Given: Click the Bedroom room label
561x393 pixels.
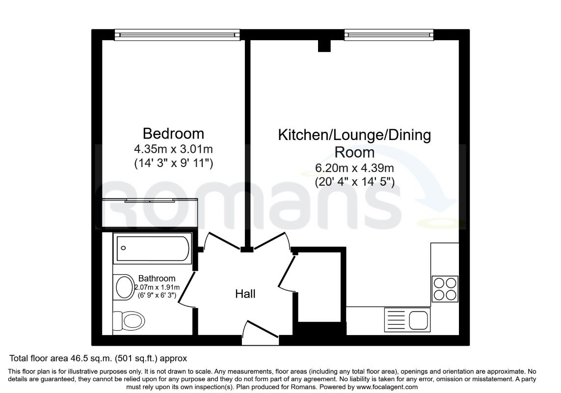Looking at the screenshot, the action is pyautogui.click(x=173, y=134).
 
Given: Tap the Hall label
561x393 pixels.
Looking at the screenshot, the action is pyautogui.click(x=245, y=294).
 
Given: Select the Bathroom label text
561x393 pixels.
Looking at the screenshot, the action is pyautogui.click(x=157, y=279).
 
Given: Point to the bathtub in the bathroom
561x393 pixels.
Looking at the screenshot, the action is pyautogui.click(x=153, y=248).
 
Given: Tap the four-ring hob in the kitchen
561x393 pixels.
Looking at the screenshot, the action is pyautogui.click(x=445, y=289).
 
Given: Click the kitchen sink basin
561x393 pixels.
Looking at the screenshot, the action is pyautogui.click(x=419, y=320).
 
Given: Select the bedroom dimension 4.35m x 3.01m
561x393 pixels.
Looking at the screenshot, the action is pyautogui.click(x=173, y=148).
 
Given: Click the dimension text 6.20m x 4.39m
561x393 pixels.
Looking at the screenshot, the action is pyautogui.click(x=354, y=168).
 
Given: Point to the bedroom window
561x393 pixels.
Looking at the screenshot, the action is pyautogui.click(x=178, y=35).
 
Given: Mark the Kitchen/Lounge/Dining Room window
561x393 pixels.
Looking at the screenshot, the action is pyautogui.click(x=389, y=35).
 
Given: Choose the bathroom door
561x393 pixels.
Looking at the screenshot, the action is pyautogui.click(x=187, y=289).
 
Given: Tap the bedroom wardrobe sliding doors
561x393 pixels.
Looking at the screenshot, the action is pyautogui.click(x=150, y=200).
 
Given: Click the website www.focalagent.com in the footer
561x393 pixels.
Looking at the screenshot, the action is pyautogui.click(x=387, y=387).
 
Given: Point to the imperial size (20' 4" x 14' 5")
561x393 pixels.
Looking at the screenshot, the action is pyautogui.click(x=354, y=182).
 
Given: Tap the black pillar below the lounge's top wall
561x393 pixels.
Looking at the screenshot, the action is pyautogui.click(x=324, y=46).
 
